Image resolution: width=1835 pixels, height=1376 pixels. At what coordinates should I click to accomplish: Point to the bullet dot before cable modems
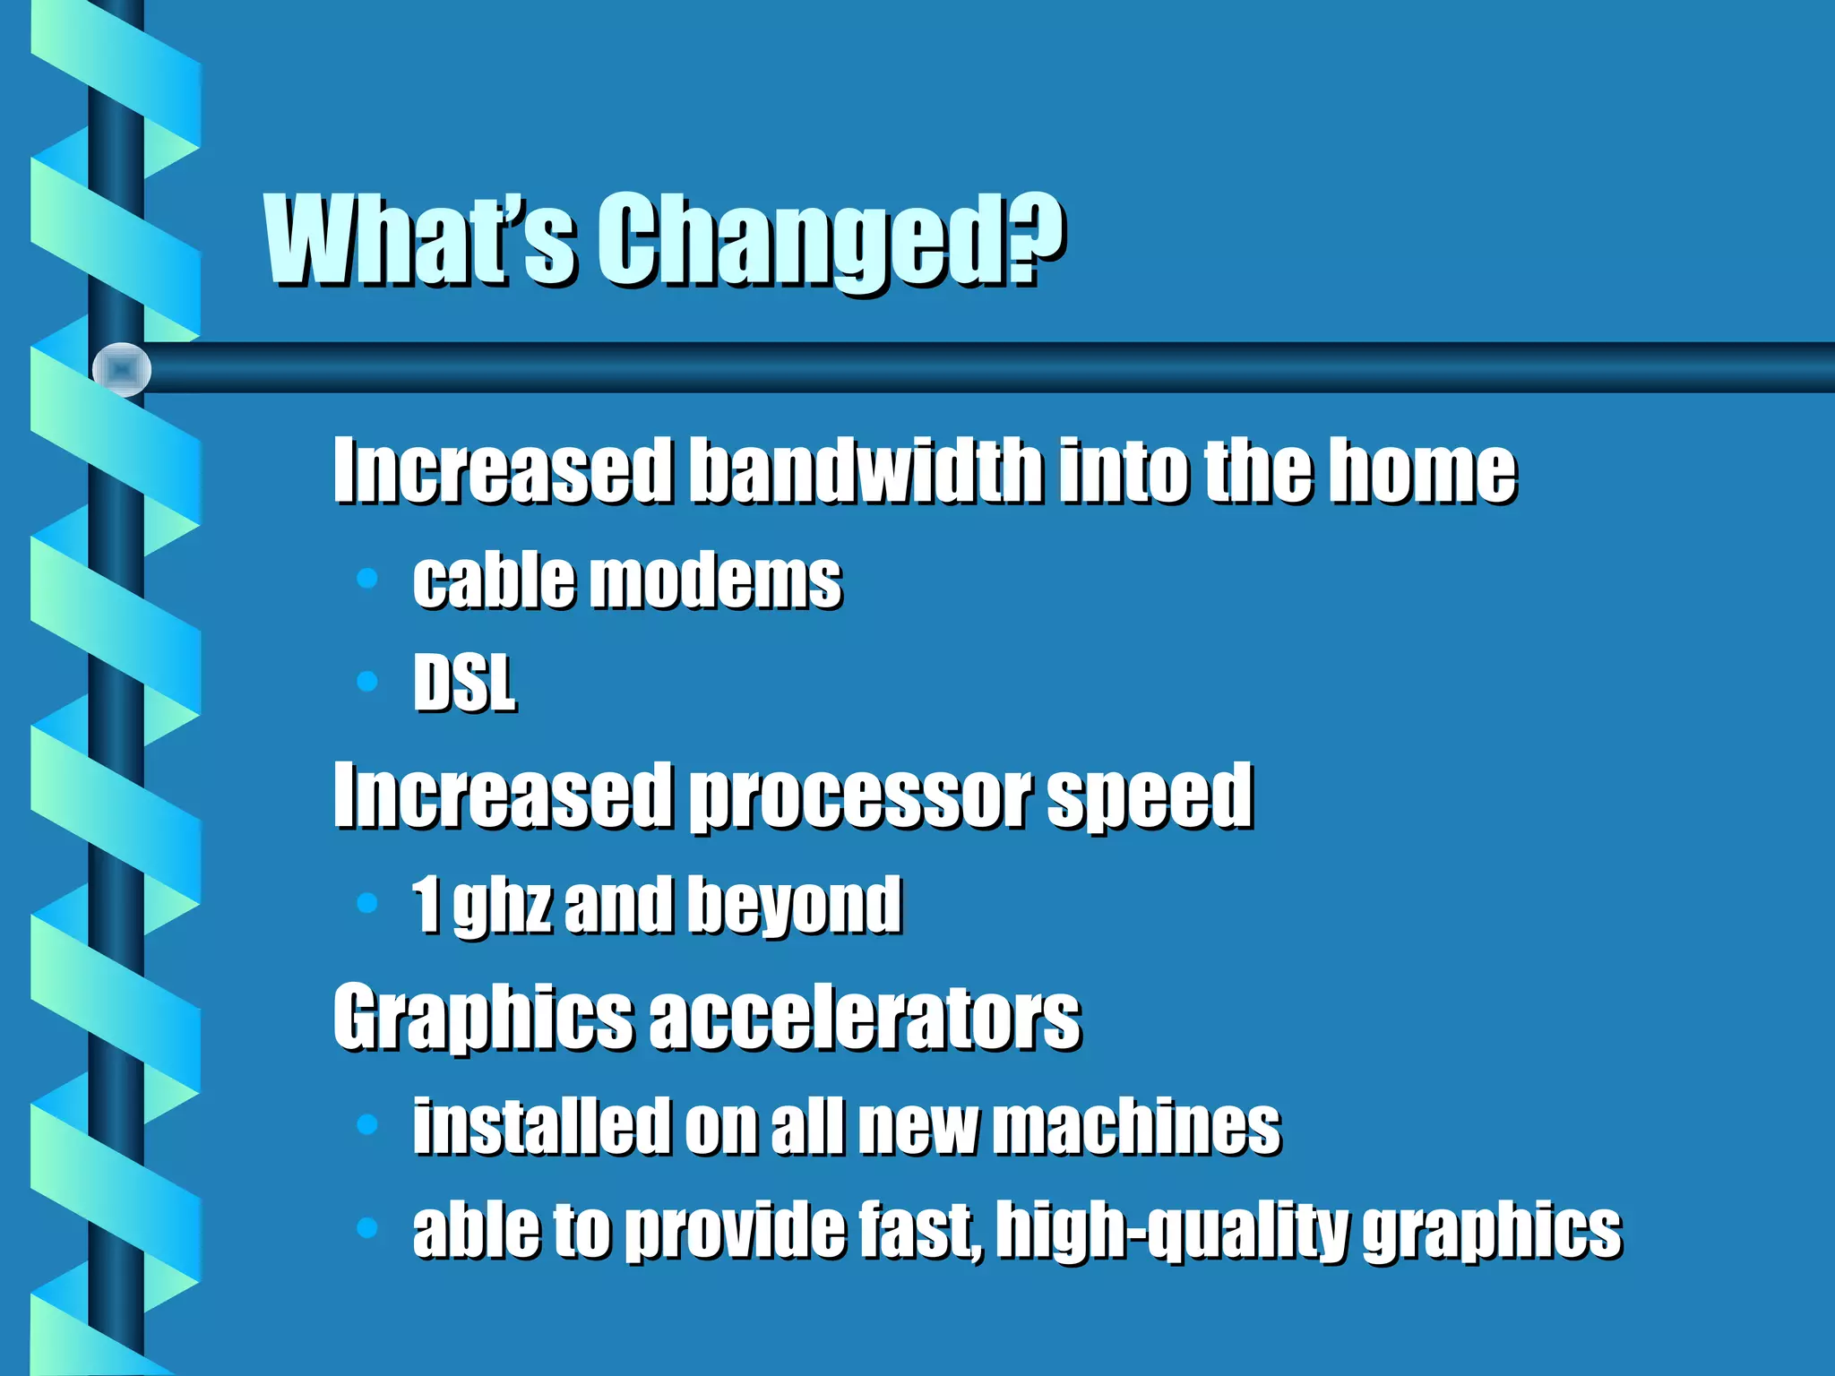tap(366, 579)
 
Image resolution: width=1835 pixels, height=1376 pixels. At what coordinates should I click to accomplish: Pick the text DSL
tap(464, 683)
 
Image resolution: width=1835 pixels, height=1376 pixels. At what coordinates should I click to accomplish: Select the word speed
tap(1149, 797)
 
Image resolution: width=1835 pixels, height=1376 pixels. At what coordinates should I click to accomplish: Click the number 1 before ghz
tap(426, 905)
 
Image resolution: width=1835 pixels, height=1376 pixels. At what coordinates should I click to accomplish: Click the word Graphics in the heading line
tap(482, 1018)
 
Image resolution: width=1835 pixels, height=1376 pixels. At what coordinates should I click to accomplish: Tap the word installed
tap(541, 1125)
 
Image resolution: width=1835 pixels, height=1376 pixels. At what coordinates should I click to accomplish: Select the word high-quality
tap(1172, 1231)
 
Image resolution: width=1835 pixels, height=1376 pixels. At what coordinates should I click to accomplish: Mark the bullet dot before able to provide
tap(366, 1227)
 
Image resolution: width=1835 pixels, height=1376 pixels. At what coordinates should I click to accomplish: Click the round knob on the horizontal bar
tap(122, 369)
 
